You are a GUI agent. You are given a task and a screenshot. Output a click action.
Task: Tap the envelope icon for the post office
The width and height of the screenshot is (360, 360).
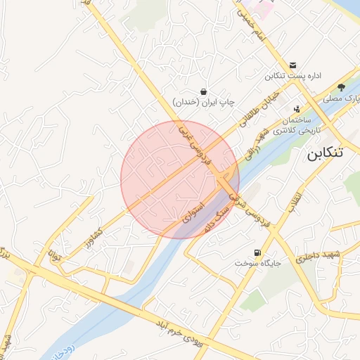pos(292,65)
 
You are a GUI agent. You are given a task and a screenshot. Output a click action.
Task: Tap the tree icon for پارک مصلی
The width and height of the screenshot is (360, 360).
pos(341,88)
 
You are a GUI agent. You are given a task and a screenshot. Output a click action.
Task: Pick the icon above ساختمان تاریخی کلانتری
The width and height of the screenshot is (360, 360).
pos(297,109)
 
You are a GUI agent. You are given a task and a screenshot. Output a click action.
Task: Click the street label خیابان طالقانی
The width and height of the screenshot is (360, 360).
pos(264,105)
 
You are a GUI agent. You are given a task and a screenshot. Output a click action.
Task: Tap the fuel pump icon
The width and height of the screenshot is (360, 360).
pos(256,252)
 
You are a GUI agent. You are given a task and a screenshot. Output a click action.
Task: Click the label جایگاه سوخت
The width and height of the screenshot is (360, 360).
pos(260,264)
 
